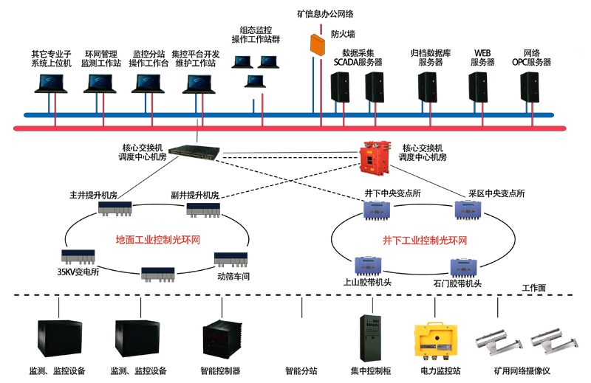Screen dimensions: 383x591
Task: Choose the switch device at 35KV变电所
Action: (78, 258)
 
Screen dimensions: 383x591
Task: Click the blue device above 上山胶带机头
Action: (368, 266)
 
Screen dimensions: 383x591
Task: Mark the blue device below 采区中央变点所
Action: (468, 210)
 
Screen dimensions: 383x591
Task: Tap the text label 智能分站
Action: (301, 370)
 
